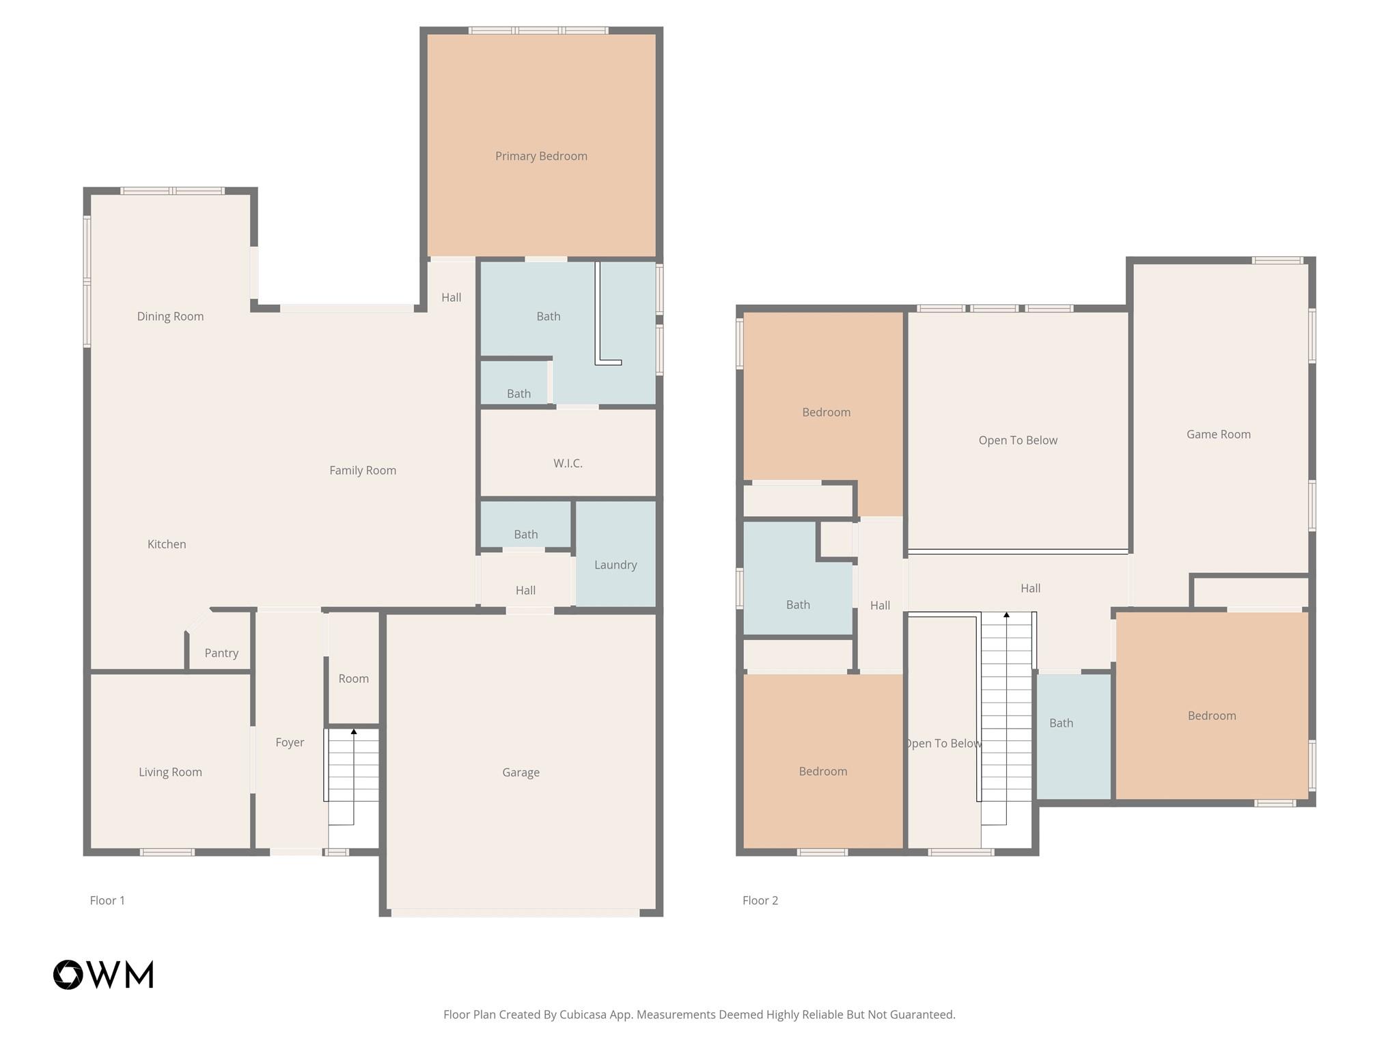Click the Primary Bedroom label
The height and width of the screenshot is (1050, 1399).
541,156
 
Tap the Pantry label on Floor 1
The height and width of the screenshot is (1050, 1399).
221,653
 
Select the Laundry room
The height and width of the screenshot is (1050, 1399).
615,565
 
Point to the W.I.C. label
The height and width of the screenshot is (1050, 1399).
568,463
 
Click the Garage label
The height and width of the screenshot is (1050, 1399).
521,772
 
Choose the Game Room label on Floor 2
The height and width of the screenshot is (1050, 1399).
1218,434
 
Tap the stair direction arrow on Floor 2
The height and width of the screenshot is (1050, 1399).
1006,615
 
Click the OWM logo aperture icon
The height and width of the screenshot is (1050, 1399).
68,975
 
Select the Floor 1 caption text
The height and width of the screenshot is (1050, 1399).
107,900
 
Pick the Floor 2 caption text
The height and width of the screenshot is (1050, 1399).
760,900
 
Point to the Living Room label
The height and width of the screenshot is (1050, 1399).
170,772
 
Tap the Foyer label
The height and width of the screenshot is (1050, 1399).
290,742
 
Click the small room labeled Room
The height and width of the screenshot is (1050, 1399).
353,678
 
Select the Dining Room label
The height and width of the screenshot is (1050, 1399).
170,316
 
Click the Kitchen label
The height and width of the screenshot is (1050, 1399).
167,544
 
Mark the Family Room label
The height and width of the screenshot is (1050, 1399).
363,470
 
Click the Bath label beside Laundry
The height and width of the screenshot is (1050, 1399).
525,534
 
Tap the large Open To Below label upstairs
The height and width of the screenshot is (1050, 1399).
1018,440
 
